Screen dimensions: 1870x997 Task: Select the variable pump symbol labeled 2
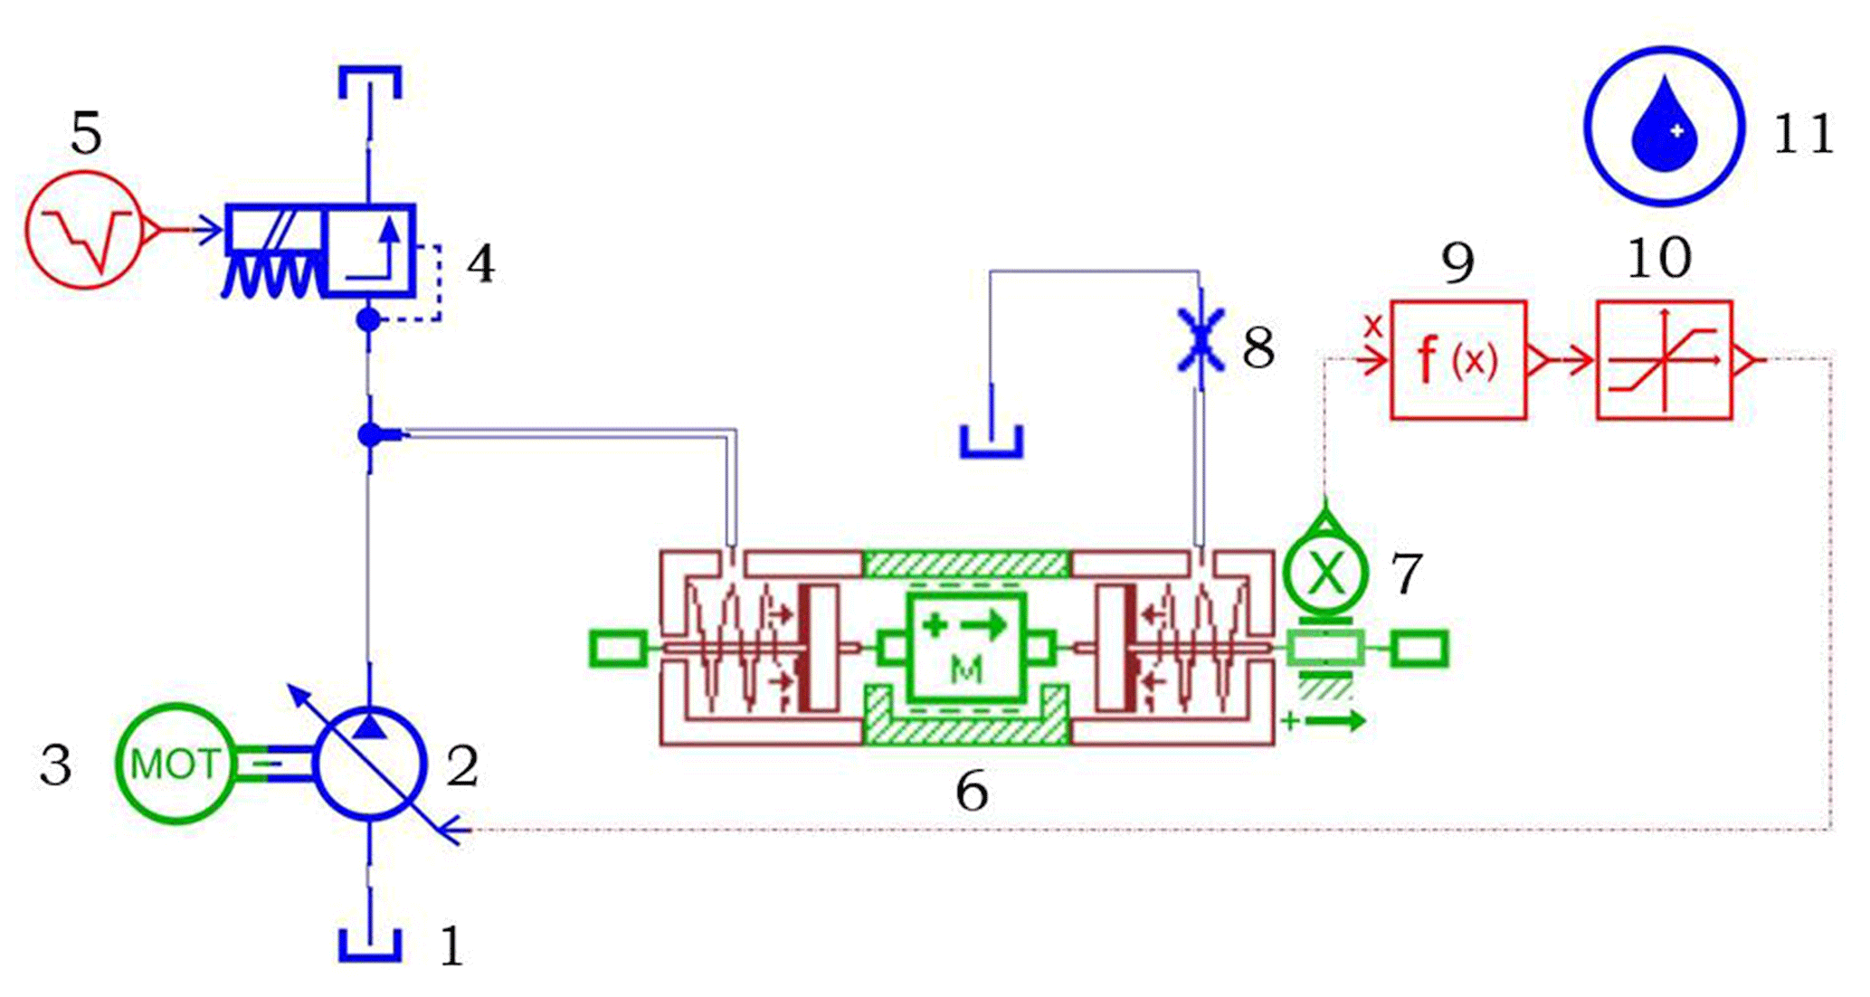click(x=369, y=764)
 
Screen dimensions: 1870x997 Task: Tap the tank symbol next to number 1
click(x=370, y=944)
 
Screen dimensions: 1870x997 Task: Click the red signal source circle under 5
click(x=83, y=230)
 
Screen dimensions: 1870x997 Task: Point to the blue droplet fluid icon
click(x=1664, y=127)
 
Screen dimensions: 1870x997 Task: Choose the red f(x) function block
click(x=1458, y=360)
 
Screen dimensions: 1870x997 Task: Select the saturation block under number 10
click(x=1665, y=360)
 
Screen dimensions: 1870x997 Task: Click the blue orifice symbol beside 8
click(x=1201, y=340)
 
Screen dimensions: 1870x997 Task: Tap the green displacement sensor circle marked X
click(x=1325, y=571)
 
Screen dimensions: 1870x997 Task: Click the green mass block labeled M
click(x=966, y=648)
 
